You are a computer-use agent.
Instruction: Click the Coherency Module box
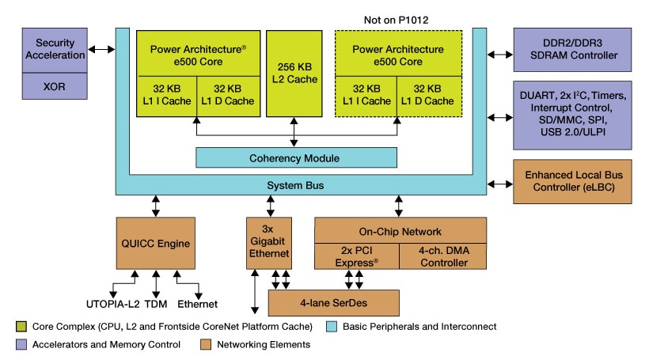tap(297, 157)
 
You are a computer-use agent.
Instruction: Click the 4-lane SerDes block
tap(333, 302)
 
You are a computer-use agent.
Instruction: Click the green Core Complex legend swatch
tap(21, 326)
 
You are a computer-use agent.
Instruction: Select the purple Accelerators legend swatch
tap(21, 344)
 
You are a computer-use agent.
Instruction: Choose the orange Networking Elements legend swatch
tap(207, 344)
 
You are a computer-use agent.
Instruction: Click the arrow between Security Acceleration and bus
tap(101, 50)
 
